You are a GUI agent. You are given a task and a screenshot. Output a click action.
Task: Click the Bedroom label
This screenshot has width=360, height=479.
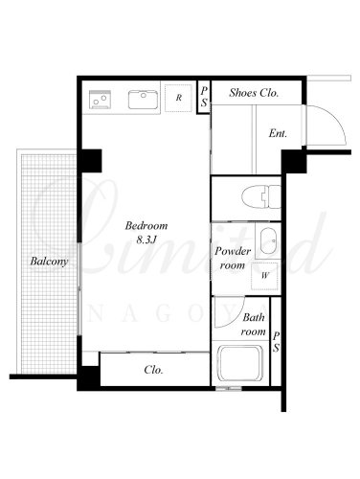pos(146,226)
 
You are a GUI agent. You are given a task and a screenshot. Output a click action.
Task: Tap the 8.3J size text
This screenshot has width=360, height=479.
pos(146,239)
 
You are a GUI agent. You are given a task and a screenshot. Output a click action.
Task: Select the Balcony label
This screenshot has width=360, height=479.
pos(49,262)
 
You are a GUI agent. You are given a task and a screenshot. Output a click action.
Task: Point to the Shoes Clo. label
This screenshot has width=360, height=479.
pos(254,93)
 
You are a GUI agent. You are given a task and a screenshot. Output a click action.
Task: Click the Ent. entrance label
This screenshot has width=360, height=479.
pos(278,133)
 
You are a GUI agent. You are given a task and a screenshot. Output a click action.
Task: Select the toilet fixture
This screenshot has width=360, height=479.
pos(261,197)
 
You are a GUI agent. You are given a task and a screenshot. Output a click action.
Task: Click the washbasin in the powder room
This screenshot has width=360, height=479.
pos(268,240)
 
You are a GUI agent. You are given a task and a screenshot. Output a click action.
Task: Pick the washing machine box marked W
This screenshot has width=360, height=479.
pos(264,276)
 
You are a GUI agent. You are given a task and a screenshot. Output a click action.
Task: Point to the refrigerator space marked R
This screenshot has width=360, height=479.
pos(178,98)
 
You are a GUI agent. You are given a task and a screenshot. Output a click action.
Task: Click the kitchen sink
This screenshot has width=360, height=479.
pos(143,100)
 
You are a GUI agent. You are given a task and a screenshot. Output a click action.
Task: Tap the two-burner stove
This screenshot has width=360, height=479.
pos(100,100)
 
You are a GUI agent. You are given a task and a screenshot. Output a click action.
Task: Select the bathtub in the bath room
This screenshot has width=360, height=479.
pos(240,363)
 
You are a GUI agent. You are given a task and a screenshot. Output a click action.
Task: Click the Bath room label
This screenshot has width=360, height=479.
pos(254,325)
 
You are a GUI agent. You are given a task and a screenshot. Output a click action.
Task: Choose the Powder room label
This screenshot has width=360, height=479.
pos(233,258)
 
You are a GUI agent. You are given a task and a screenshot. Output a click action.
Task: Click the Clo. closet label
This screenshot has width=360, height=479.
pos(153,370)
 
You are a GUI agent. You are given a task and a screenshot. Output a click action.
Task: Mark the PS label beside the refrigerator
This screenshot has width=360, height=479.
pos(204,97)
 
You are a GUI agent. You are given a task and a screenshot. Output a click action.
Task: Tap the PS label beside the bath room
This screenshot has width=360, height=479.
pos(276,342)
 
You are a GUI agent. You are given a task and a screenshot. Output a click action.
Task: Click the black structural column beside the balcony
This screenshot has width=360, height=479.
pos(91,161)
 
